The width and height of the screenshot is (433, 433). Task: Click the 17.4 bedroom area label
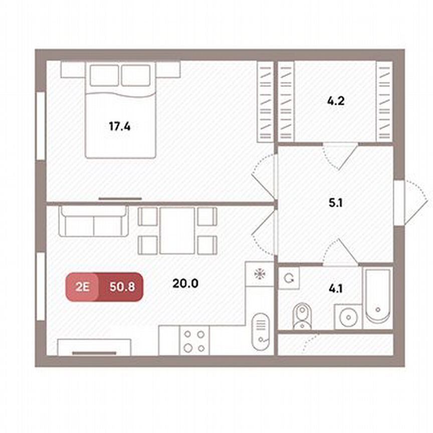pos(119,126)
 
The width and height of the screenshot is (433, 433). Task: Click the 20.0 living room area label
pos(185,283)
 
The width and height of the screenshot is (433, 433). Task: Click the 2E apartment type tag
pos(82,287)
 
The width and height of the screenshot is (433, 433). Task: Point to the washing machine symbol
pos(289,277)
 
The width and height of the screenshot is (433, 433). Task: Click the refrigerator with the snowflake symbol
pos(260,274)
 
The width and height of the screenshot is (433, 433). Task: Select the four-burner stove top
pos(193,340)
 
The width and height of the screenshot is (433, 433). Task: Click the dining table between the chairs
pos(177,231)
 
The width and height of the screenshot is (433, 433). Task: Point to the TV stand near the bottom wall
pos(94,347)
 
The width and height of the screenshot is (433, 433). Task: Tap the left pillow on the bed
pos(104,76)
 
